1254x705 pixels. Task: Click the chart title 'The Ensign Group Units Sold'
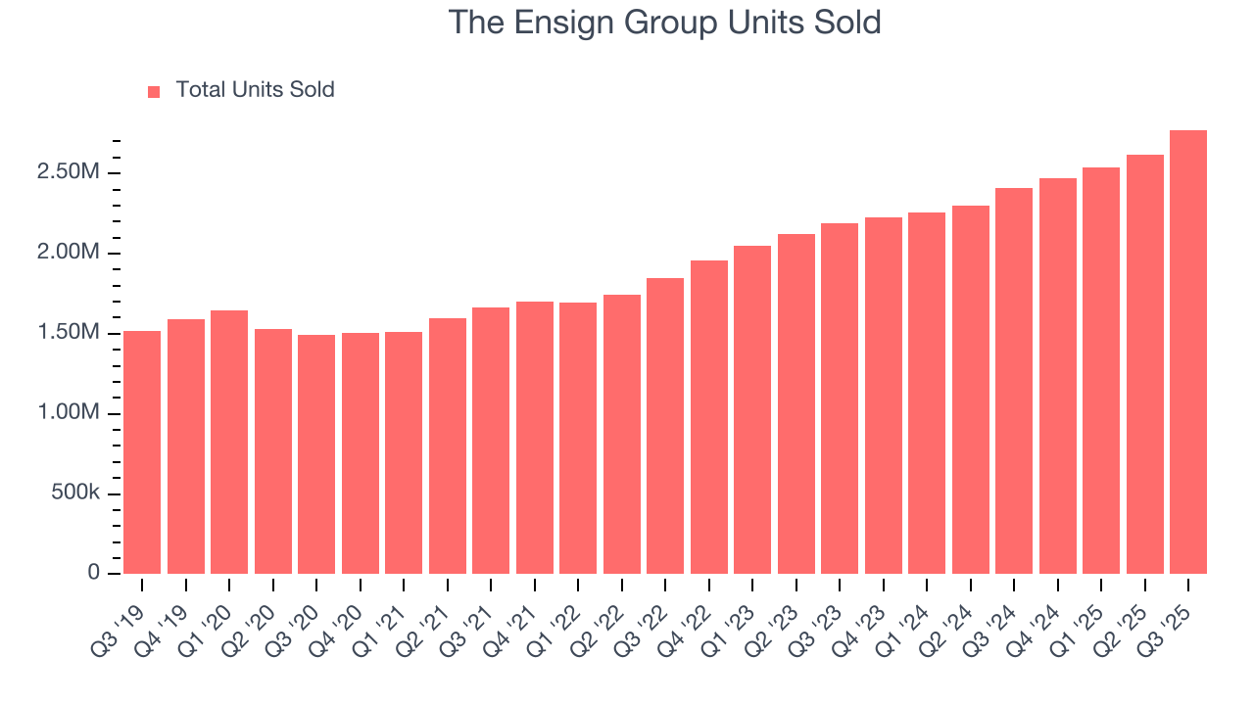point(665,23)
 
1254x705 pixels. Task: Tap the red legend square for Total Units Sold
point(154,91)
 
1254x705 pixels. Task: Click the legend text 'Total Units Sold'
point(255,90)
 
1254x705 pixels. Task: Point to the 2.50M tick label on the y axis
point(68,173)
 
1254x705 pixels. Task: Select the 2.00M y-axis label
point(68,254)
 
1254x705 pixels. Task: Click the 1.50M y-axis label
point(68,334)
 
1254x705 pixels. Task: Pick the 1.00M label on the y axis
point(68,413)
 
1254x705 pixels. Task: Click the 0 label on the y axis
point(94,573)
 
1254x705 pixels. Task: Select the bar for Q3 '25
point(1188,352)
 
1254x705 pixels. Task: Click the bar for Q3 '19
point(142,452)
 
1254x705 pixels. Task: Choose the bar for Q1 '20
point(229,442)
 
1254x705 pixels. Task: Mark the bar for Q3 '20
point(316,454)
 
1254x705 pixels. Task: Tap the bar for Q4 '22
point(709,417)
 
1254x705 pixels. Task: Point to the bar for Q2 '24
point(971,390)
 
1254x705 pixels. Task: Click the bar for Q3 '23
point(840,399)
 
